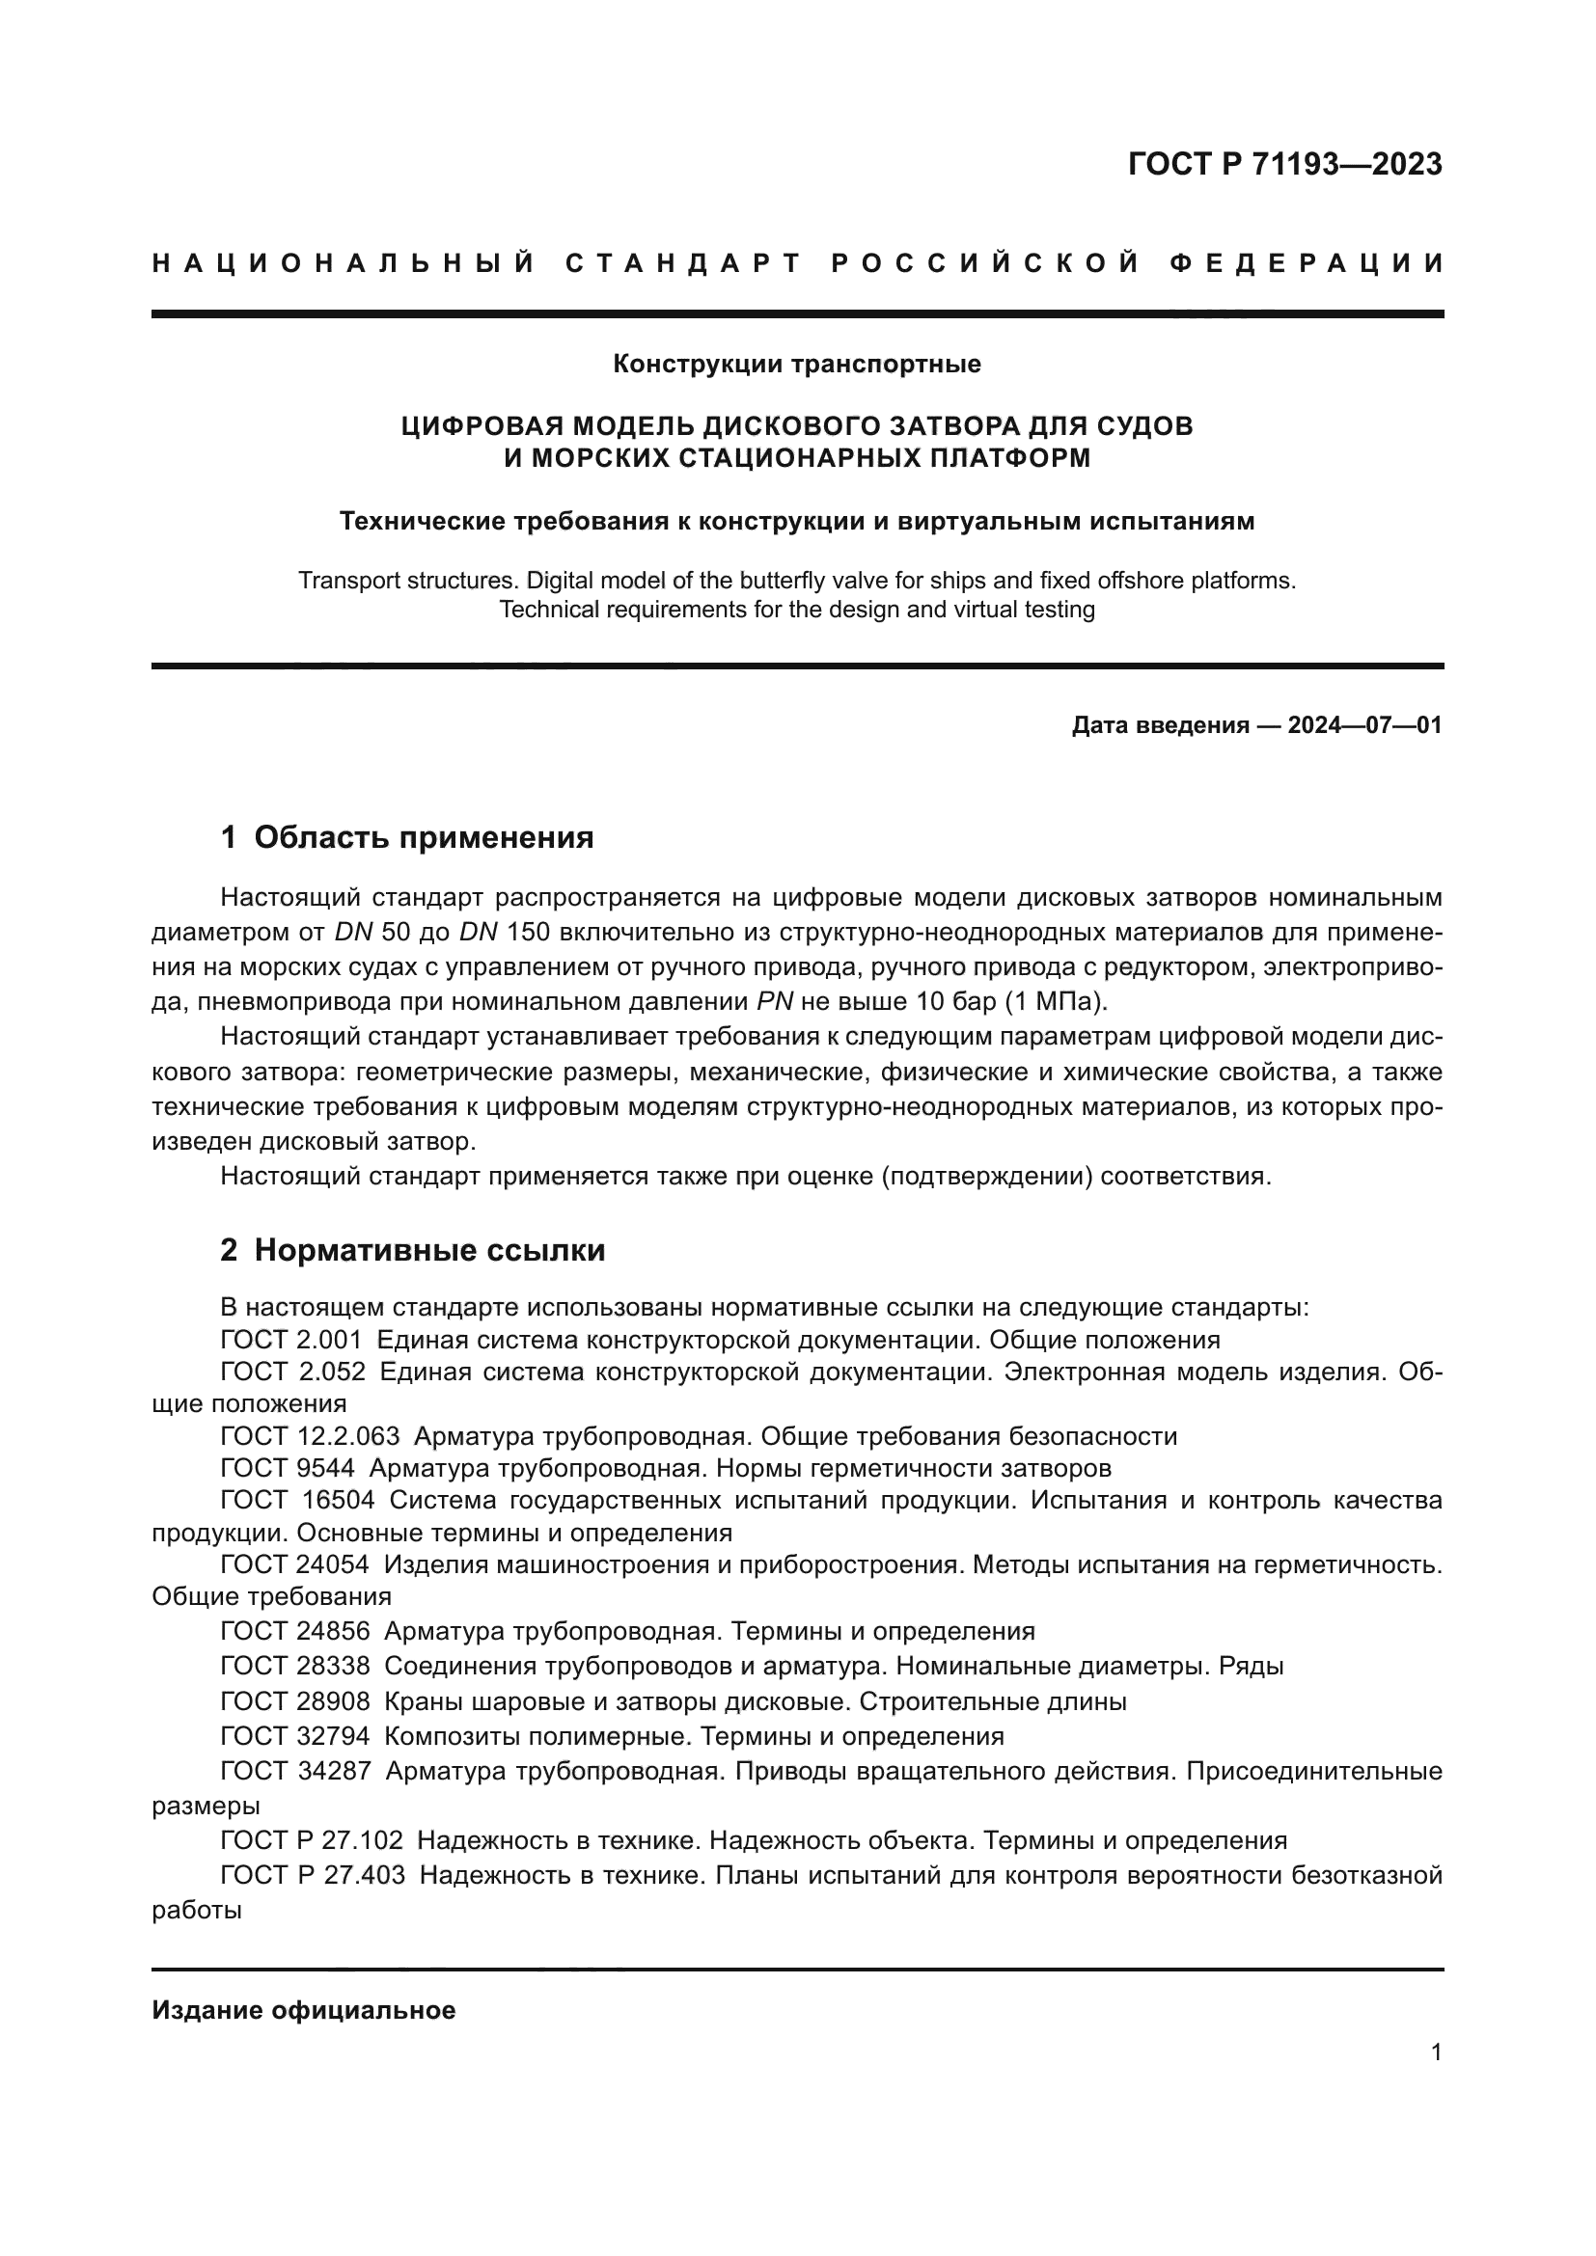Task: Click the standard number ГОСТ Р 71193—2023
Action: tap(1284, 164)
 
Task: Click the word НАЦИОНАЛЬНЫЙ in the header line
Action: tap(343, 263)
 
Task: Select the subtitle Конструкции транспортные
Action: tap(797, 365)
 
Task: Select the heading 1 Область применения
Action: tap(407, 838)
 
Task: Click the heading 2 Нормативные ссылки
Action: tap(413, 1251)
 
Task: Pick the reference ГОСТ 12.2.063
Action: tap(310, 1436)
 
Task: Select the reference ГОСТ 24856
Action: tap(295, 1631)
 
